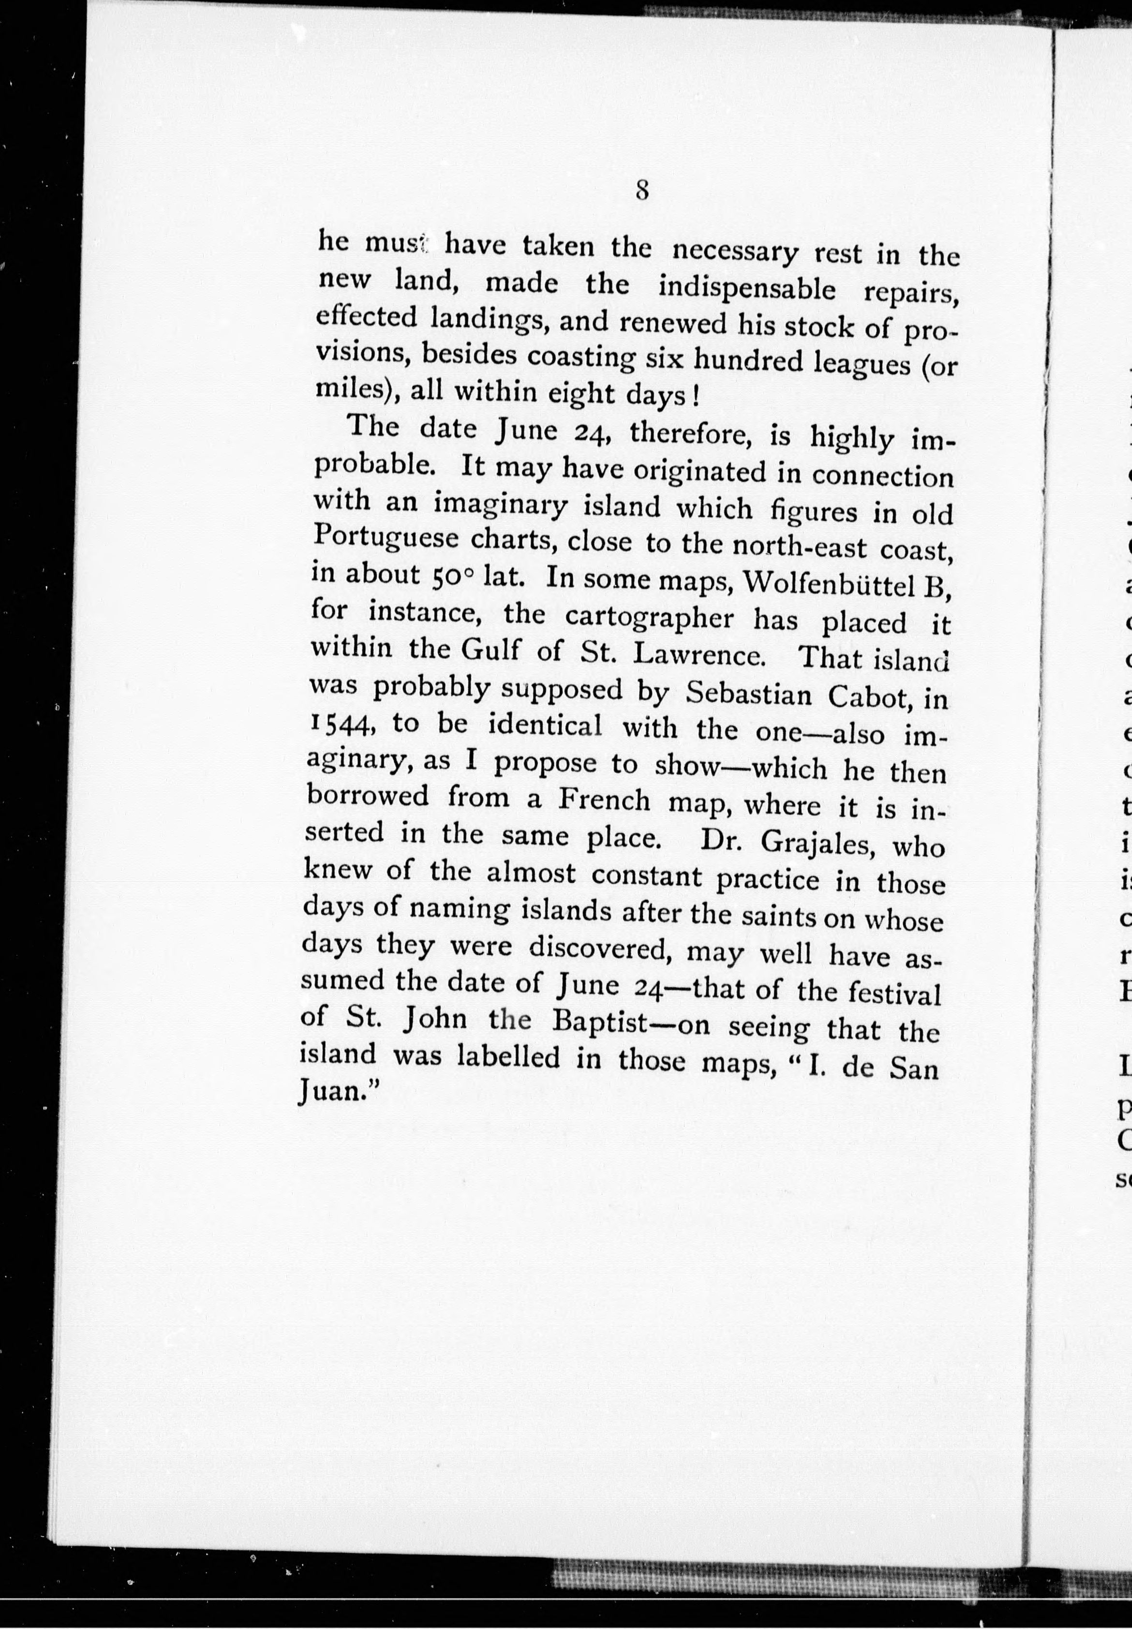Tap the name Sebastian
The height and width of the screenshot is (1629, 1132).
[749, 694]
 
